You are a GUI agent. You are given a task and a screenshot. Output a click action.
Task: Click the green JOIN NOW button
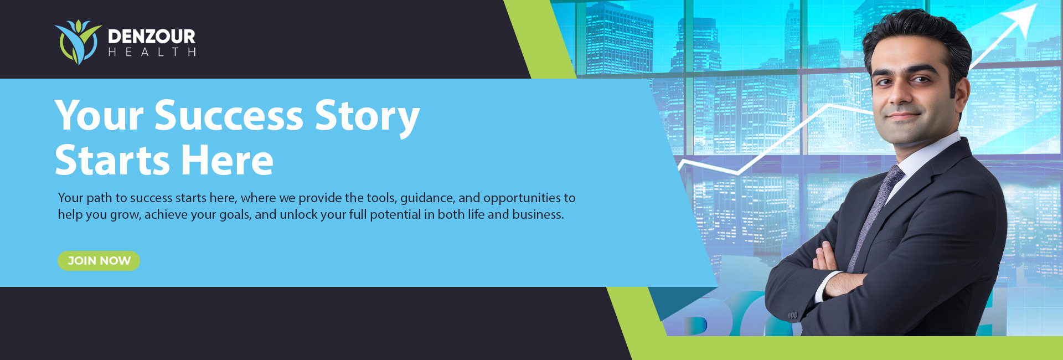99,261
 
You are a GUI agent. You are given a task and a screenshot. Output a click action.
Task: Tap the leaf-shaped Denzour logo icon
78,43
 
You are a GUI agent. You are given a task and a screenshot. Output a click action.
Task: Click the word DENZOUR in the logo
152,37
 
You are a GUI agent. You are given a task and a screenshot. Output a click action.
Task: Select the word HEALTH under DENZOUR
152,52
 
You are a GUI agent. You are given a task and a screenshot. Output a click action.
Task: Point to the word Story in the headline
367,117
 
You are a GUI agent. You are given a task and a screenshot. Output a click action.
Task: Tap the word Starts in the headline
112,160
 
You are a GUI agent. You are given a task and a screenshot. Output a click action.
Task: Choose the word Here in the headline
228,160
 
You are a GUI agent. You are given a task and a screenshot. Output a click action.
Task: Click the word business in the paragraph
538,214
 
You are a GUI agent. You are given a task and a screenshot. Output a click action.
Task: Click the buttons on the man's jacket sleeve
793,315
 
